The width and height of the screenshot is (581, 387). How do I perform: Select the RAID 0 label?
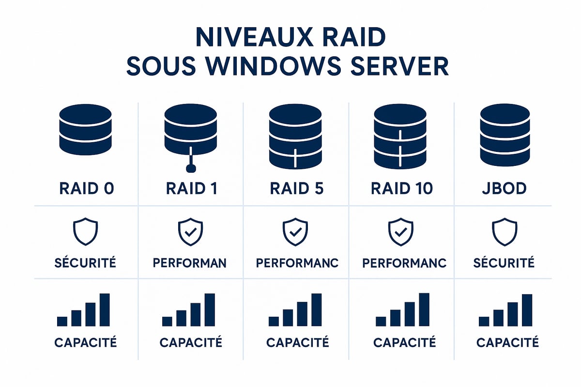point(86,188)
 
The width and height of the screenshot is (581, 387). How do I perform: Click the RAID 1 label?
point(191,188)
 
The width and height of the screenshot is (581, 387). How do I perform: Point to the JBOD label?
point(504,188)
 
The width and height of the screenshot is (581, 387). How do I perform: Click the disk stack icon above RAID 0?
point(85,130)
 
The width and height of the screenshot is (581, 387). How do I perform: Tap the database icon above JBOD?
point(505,135)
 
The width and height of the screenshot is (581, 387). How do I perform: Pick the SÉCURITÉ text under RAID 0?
point(85,263)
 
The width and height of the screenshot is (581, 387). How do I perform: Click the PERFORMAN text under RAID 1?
point(190,263)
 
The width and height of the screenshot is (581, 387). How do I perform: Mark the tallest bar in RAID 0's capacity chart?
point(105,310)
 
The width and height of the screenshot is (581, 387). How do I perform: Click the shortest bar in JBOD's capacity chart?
point(484,321)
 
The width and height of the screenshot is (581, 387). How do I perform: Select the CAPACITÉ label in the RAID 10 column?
point(405,342)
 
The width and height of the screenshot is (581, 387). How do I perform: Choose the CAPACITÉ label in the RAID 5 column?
point(298,342)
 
